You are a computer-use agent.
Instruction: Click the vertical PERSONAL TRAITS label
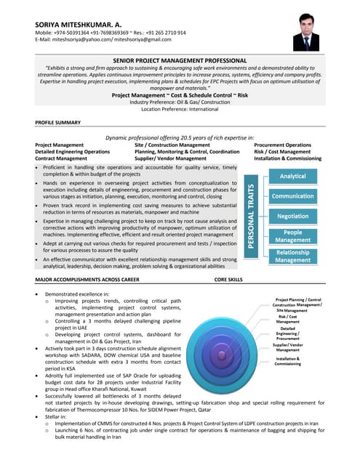pos(251,216)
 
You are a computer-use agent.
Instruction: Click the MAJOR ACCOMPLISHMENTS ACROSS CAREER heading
pos(87,279)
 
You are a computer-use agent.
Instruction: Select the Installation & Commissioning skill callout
pos(287,361)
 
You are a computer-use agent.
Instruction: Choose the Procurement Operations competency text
pos(287,145)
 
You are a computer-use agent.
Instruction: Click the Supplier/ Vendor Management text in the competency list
pos(170,158)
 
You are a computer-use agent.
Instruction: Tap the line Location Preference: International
pos(180,108)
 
